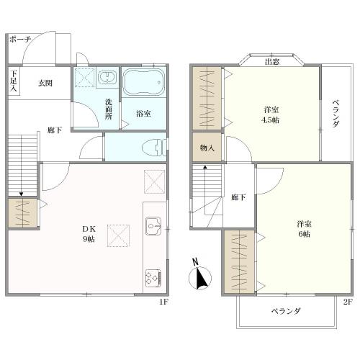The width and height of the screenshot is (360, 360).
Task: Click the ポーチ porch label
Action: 20,40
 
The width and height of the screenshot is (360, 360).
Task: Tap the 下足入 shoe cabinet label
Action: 14,81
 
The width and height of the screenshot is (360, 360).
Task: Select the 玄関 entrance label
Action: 45,84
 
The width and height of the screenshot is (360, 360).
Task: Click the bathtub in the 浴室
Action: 143,82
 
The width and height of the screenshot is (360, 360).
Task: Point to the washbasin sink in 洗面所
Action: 108,77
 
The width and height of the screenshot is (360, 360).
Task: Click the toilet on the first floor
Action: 154,147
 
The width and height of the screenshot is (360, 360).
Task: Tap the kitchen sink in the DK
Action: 153,226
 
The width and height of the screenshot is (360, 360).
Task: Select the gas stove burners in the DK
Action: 153,278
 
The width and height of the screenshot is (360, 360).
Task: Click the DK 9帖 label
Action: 89,234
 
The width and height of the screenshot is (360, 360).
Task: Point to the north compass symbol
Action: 200,275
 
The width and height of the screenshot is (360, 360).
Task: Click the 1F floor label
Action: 164,302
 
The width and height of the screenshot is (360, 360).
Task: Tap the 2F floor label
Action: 348,302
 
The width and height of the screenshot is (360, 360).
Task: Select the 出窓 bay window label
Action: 272,62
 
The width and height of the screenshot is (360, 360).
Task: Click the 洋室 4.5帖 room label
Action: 271,114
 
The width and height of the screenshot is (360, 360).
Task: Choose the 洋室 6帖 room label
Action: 304,229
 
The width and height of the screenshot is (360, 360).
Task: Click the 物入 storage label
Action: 207,148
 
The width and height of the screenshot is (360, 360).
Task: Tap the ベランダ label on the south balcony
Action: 286,311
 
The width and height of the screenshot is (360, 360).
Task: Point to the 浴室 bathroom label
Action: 143,114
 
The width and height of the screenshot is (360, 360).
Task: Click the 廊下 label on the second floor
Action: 238,197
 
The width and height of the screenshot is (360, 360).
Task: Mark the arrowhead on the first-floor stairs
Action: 22,194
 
